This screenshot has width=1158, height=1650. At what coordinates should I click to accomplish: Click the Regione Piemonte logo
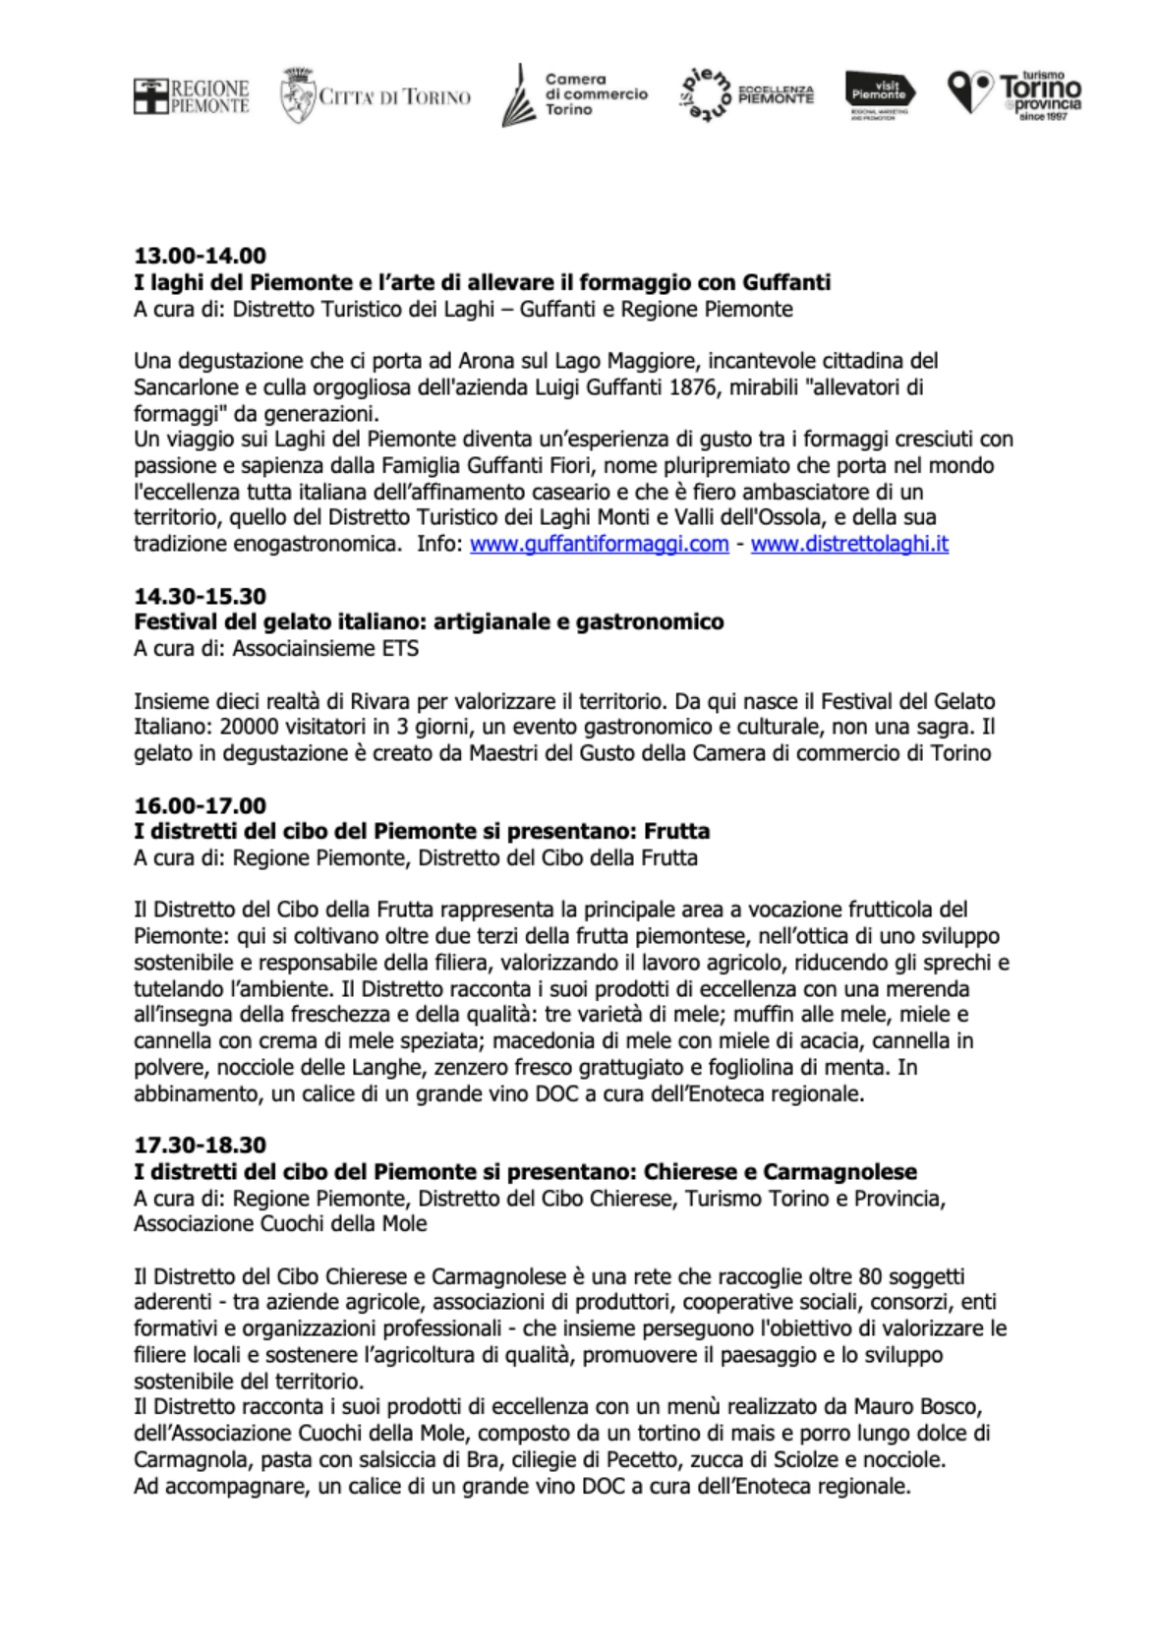tap(192, 96)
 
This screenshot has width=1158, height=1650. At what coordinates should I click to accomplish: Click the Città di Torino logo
tap(375, 96)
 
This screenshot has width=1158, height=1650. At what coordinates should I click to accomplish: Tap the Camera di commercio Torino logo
tap(575, 95)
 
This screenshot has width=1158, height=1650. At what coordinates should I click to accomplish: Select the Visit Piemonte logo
tap(880, 93)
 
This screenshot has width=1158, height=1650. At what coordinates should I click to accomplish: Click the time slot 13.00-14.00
tap(201, 256)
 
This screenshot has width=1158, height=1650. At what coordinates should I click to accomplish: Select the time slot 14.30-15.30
tap(201, 596)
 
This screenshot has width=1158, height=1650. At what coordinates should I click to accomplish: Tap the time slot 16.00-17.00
tap(201, 805)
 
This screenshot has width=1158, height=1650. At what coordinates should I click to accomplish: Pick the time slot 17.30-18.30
tap(201, 1145)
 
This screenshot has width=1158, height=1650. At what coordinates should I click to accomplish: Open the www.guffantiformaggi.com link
tap(599, 544)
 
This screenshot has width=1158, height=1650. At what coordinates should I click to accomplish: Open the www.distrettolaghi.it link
tap(849, 544)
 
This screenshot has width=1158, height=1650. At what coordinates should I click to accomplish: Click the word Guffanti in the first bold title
tap(785, 283)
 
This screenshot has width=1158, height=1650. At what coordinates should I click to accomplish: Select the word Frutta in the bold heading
tap(677, 831)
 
